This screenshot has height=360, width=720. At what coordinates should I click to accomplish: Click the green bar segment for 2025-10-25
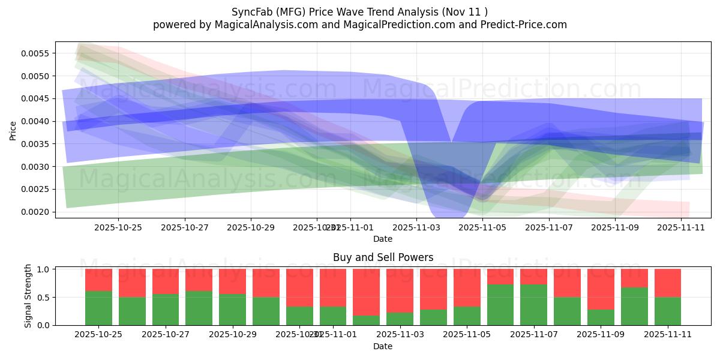[98, 308]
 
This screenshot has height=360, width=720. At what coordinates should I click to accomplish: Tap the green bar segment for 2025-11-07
[533, 304]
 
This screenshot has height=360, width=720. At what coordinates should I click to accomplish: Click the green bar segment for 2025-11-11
[668, 311]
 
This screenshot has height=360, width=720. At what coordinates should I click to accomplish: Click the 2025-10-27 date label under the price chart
[185, 227]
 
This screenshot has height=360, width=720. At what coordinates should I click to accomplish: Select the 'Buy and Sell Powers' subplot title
[383, 257]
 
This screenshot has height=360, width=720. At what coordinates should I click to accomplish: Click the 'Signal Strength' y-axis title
[28, 297]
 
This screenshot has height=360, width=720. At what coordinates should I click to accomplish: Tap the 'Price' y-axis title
[13, 130]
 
